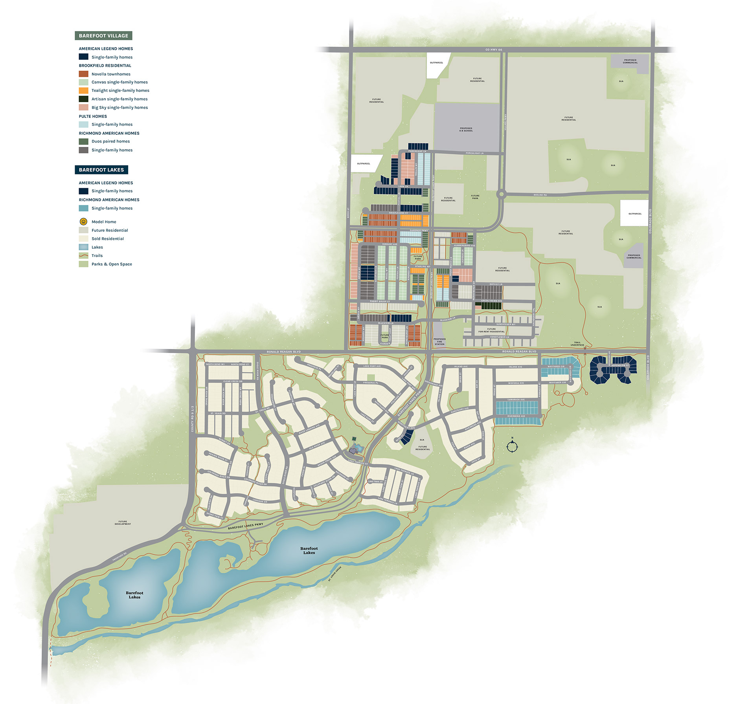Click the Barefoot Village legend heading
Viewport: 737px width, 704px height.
[103, 36]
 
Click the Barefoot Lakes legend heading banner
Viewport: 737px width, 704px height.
[101, 170]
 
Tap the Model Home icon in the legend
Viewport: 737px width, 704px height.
[83, 222]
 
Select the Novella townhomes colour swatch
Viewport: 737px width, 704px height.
[83, 74]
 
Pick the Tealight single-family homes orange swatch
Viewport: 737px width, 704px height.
[83, 90]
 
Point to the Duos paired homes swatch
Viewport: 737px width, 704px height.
[83, 141]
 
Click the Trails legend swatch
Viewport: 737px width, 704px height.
[83, 255]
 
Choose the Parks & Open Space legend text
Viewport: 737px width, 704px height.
[112, 264]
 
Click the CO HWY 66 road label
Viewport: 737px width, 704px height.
[494, 50]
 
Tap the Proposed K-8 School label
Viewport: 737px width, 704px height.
[466, 129]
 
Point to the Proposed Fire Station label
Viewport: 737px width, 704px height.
[439, 341]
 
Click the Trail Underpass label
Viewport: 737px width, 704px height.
[577, 344]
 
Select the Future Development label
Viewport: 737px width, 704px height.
[123, 522]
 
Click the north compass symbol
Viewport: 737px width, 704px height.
[512, 446]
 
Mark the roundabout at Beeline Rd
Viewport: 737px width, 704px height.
[501, 194]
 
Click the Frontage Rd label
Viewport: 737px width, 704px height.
[119, 556]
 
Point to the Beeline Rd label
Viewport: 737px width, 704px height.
[540, 195]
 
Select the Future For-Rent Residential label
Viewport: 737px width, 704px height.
[491, 330]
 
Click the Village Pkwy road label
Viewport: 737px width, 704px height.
[505, 122]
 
